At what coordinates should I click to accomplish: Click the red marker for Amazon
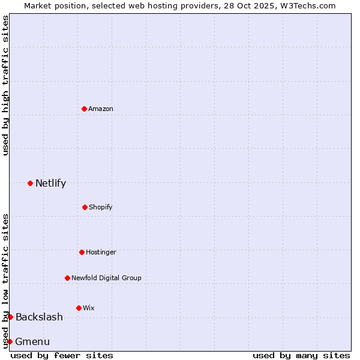(84, 109)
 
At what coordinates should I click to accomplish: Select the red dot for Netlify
(30, 183)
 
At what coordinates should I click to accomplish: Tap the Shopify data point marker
(85, 207)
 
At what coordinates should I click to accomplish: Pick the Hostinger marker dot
(82, 252)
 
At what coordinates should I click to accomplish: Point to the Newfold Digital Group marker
(67, 278)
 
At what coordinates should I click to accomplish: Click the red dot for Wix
(79, 308)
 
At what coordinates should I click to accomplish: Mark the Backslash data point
(10, 317)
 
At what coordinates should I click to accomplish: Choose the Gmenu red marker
(10, 341)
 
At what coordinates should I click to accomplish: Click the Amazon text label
(101, 109)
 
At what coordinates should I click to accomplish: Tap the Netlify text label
(50, 183)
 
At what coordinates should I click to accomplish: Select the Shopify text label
(101, 207)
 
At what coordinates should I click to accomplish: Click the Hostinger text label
(101, 252)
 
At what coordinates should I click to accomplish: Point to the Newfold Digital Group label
(106, 278)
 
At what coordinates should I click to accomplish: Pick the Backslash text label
(39, 317)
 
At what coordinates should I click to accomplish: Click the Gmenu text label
(32, 341)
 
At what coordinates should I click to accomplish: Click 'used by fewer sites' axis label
(62, 355)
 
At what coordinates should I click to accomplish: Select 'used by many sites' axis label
(301, 355)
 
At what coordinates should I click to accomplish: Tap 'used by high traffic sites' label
(5, 85)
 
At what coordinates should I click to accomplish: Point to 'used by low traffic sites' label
(5, 280)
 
